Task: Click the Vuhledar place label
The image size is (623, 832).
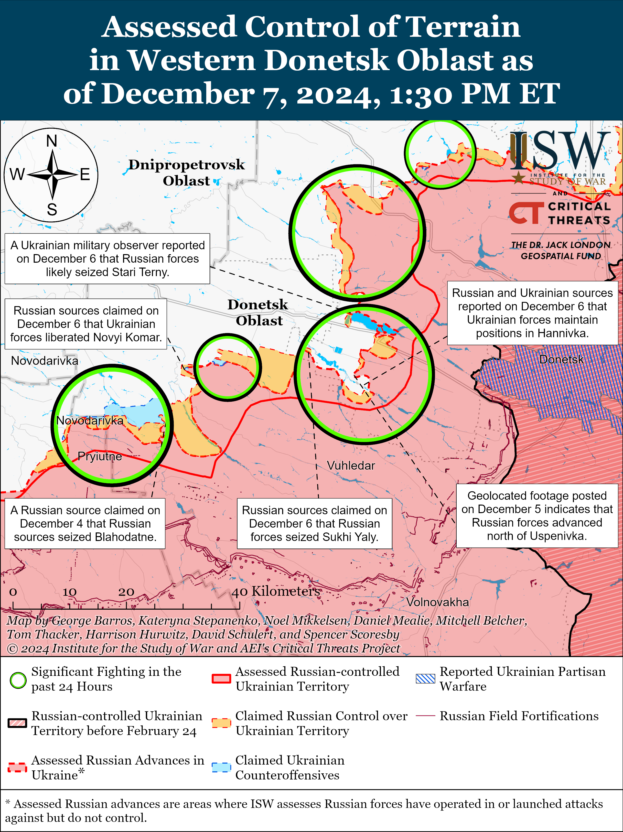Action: pyautogui.click(x=351, y=466)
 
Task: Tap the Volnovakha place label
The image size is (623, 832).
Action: pyautogui.click(x=437, y=602)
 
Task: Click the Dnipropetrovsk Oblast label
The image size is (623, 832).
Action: pyautogui.click(x=186, y=173)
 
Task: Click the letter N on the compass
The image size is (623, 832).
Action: pyautogui.click(x=52, y=141)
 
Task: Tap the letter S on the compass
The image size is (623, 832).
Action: pyautogui.click(x=52, y=209)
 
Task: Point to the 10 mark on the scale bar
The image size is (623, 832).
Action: pyautogui.click(x=70, y=592)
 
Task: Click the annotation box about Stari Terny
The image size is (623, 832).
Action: pyautogui.click(x=107, y=259)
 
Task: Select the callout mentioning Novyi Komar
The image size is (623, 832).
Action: pyautogui.click(x=86, y=324)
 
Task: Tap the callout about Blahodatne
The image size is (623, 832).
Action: pyautogui.click(x=85, y=524)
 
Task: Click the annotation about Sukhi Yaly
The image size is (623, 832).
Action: pyautogui.click(x=314, y=524)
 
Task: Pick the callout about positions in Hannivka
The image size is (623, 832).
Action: pyautogui.click(x=532, y=313)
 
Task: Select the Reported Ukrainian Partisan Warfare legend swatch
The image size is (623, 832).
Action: pyautogui.click(x=425, y=679)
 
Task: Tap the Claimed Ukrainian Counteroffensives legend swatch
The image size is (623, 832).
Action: pyautogui.click(x=221, y=767)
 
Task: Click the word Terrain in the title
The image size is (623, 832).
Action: pyautogui.click(x=463, y=27)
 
